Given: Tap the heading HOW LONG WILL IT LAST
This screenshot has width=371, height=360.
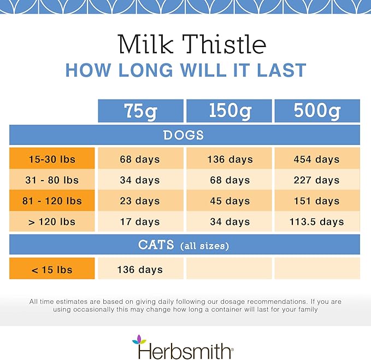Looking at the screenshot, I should click(185, 71).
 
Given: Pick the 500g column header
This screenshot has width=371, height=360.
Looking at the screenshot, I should click(317, 111).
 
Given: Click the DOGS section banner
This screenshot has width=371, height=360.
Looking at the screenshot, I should click(184, 135).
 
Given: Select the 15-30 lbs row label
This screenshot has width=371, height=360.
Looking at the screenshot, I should click(52, 159).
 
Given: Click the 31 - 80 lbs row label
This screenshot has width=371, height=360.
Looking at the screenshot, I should click(52, 180).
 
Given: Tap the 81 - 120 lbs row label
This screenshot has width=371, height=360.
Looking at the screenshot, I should click(52, 201).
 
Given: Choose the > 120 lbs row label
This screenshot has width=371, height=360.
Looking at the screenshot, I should click(52, 222).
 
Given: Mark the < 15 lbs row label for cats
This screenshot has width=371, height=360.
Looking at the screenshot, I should click(52, 269).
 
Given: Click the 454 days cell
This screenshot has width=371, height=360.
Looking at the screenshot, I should click(317, 159).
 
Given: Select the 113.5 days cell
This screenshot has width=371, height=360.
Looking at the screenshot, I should click(317, 222).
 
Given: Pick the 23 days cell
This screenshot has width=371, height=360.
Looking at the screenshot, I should click(140, 201).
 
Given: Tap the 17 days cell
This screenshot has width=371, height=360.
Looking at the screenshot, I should click(140, 222).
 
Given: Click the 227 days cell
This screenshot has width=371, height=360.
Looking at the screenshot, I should click(317, 180).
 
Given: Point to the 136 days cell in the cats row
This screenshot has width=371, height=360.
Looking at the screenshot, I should click(140, 269).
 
